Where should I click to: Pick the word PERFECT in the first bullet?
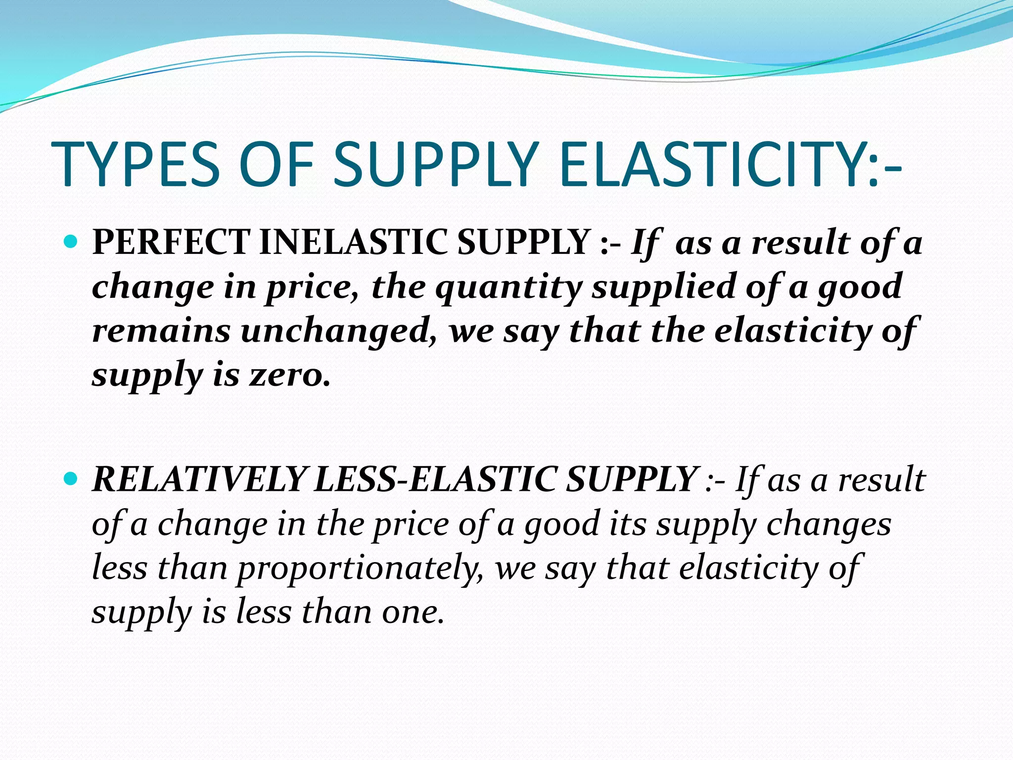tap(171, 242)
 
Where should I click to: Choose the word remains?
tap(161, 331)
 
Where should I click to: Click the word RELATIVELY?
tap(200, 479)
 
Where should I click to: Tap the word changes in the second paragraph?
tap(829, 524)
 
